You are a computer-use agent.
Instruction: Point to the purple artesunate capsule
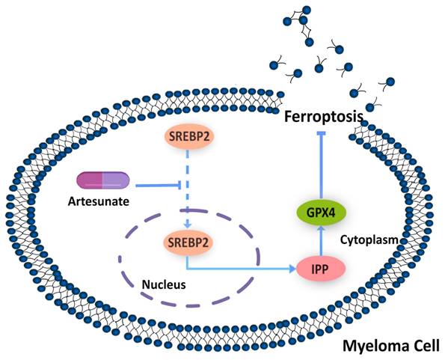(x=104, y=180)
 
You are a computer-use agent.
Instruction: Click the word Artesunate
(x=103, y=202)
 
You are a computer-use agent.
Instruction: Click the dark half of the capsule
(x=90, y=180)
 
